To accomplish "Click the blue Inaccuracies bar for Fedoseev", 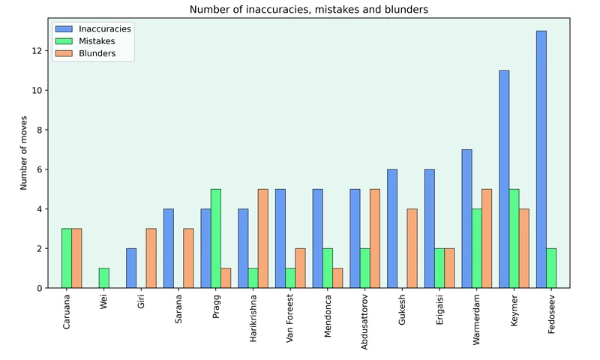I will point(541,159).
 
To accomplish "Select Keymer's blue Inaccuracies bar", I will point(504,179).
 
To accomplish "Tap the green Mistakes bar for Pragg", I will point(215,238).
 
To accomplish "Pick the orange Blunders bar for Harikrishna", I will point(262,238).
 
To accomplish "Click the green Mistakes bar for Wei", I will point(103,278).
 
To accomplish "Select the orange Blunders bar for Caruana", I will point(76,258).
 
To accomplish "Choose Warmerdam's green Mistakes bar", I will point(476,248).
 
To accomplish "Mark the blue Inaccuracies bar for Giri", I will point(131,268).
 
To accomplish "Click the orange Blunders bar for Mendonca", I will point(337,278).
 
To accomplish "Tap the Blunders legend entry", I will point(97,54).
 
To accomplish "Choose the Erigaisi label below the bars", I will point(439,311).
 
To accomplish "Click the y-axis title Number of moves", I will point(24,158).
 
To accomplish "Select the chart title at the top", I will point(310,10).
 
